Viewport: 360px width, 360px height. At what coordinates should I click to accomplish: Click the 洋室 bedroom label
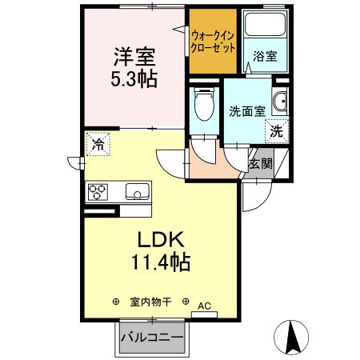tap(134, 58)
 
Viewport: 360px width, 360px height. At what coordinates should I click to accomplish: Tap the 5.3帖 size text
tap(134, 78)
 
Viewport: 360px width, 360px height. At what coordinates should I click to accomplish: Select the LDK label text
tap(164, 240)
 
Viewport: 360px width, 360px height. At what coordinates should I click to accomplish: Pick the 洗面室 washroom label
tap(247, 111)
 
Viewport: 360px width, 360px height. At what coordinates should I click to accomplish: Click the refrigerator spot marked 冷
tap(98, 145)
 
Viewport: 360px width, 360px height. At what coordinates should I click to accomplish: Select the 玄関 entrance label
tap(261, 163)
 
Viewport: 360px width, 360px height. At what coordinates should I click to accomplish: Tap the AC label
tap(204, 305)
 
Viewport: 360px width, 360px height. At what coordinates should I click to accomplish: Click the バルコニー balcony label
tap(152, 338)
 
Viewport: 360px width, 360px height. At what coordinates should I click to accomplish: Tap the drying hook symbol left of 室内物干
tap(116, 302)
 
